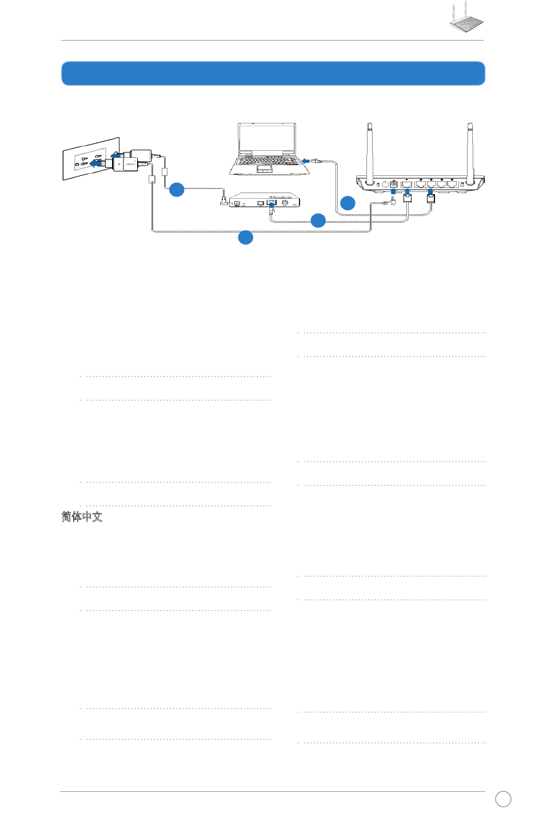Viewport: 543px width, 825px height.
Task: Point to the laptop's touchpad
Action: [x=265, y=170]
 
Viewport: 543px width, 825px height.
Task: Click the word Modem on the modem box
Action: [x=284, y=198]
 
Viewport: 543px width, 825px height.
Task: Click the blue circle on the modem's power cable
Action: [x=177, y=190]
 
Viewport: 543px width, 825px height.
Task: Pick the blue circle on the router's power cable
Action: [x=245, y=237]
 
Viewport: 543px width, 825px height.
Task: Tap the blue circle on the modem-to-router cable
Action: [x=318, y=220]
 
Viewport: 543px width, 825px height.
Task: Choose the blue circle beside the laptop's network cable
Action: [x=348, y=202]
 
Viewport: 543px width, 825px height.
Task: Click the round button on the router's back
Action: [x=385, y=184]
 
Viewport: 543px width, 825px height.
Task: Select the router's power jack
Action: [x=393, y=184]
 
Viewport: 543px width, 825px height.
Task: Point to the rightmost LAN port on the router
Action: [x=452, y=184]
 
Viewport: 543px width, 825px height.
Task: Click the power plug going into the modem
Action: [x=224, y=201]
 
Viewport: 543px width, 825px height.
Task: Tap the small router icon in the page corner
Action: [x=466, y=20]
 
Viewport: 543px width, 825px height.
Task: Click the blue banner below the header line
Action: [x=273, y=74]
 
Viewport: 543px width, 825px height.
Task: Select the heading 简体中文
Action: [x=82, y=516]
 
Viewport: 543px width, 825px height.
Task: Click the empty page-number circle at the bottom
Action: [x=503, y=799]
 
